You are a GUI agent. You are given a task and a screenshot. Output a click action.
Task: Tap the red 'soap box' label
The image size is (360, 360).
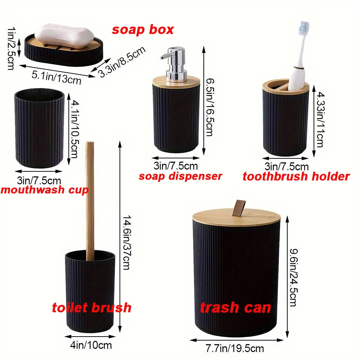click(x=143, y=30)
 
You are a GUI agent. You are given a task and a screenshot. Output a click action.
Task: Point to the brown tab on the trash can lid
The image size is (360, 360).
click(x=237, y=209)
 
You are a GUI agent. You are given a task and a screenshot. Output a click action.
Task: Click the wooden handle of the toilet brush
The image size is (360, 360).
click(x=90, y=198)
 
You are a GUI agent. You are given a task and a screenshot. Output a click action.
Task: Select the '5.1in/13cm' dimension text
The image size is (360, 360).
click(x=57, y=77)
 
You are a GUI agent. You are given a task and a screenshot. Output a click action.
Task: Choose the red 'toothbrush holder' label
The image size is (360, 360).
click(x=296, y=176)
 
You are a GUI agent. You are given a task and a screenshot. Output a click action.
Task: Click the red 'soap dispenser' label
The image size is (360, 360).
click(x=180, y=176)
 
